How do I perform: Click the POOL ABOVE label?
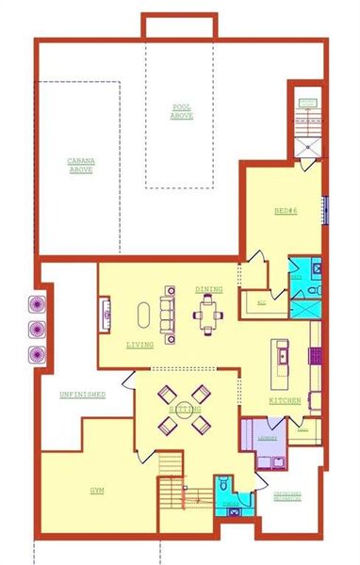(x=181, y=111)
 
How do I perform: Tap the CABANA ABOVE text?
(x=79, y=165)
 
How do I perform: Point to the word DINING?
(x=208, y=289)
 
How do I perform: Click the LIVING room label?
(x=139, y=345)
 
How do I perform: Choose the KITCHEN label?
(x=285, y=401)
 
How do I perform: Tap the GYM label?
(x=97, y=492)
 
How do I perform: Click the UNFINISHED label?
(x=83, y=394)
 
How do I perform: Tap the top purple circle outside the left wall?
(x=38, y=304)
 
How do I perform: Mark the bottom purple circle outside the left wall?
(x=38, y=353)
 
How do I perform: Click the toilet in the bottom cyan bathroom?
(x=224, y=486)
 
